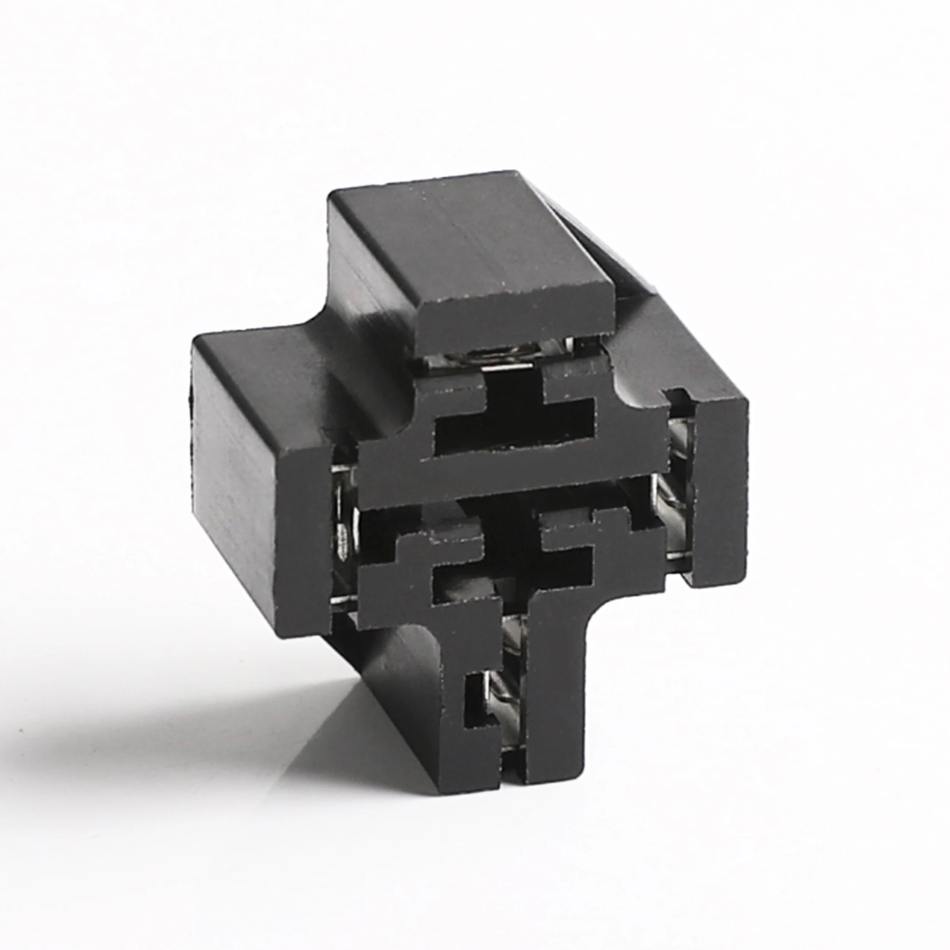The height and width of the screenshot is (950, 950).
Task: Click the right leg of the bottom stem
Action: point(560,689)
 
